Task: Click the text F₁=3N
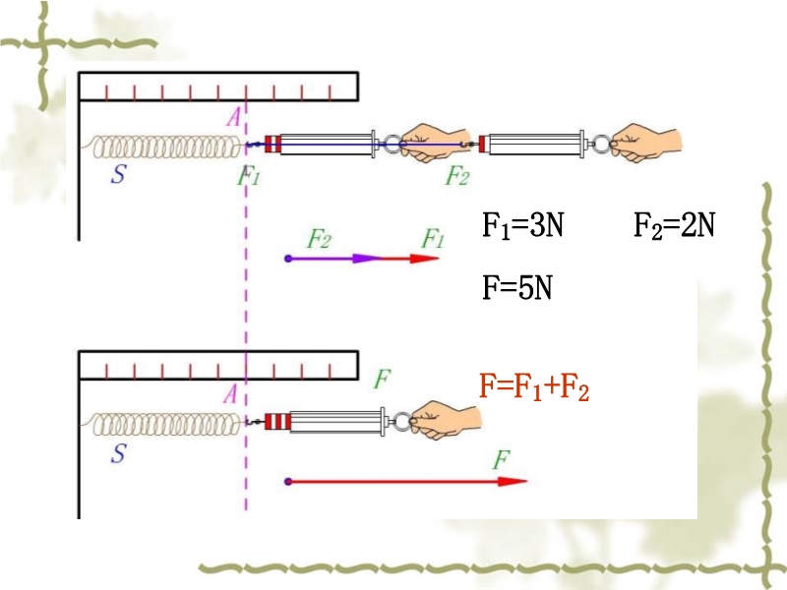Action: click(522, 227)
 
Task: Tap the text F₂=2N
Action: click(673, 227)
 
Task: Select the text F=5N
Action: click(516, 289)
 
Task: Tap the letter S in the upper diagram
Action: click(118, 177)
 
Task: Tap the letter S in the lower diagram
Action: click(118, 453)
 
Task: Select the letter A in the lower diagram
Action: click(232, 394)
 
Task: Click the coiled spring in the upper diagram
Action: click(167, 147)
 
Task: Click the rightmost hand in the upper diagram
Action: click(644, 143)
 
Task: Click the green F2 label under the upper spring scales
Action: click(457, 177)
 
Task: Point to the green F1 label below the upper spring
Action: click(249, 177)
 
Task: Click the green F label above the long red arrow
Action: click(502, 459)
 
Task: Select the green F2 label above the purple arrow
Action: click(319, 238)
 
